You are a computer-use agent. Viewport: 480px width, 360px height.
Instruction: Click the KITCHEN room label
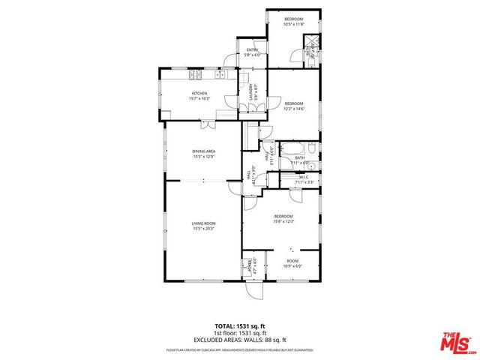click(x=199, y=94)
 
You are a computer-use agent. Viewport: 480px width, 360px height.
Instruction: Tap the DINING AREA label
click(x=204, y=151)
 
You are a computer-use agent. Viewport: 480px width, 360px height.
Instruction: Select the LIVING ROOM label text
click(x=204, y=223)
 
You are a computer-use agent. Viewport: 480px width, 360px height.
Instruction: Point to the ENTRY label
click(x=252, y=50)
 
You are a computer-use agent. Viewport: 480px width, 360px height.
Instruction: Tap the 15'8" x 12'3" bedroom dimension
click(x=283, y=220)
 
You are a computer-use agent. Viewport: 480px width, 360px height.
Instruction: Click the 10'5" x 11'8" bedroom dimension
click(x=293, y=24)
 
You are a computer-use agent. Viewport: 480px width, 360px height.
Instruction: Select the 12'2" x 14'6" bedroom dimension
click(x=293, y=108)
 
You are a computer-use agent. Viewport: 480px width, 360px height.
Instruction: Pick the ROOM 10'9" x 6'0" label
click(x=292, y=263)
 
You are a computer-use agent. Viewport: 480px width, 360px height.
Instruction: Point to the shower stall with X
click(x=314, y=42)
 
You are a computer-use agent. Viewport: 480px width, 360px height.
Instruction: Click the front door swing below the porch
click(x=254, y=292)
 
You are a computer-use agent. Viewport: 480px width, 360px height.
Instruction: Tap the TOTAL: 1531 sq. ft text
click(x=239, y=326)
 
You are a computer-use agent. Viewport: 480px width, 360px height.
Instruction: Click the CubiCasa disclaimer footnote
click(x=239, y=349)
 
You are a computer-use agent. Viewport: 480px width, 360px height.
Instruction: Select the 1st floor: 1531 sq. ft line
click(x=239, y=332)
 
